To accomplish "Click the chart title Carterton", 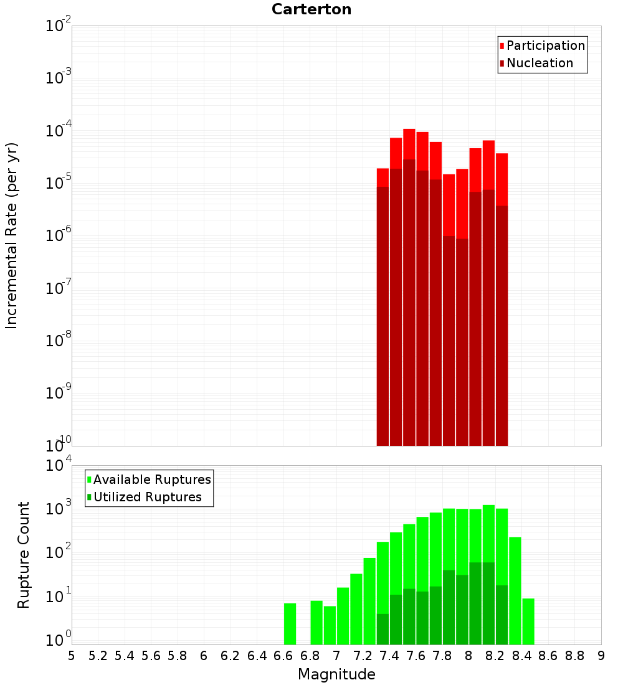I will pyautogui.click(x=311, y=9).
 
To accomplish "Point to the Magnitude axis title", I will pyautogui.click(x=336, y=674).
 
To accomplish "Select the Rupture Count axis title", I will pyautogui.click(x=24, y=555).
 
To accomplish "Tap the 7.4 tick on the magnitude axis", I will pyautogui.click(x=389, y=655).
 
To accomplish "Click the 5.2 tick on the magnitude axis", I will pyautogui.click(x=98, y=655).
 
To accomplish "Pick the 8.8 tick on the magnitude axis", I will pyautogui.click(x=574, y=655).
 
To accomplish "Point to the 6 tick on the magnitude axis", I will pyautogui.click(x=204, y=655).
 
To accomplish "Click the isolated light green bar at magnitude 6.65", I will pyautogui.click(x=290, y=623).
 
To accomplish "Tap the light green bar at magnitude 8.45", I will pyautogui.click(x=528, y=621).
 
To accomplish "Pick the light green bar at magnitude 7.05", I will pyautogui.click(x=343, y=615).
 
